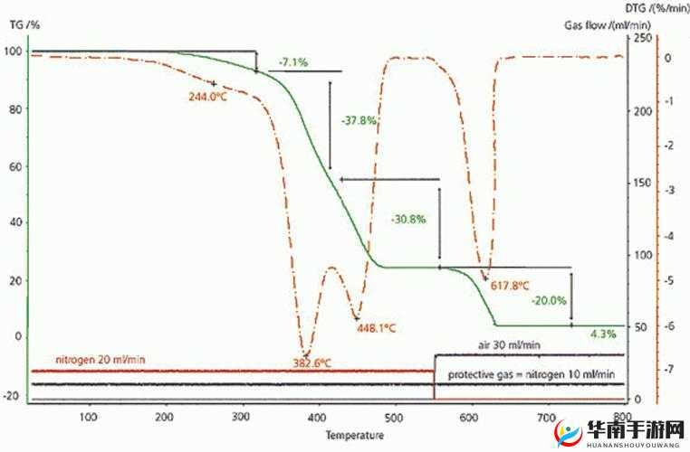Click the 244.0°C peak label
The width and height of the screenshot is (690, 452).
click(206, 97)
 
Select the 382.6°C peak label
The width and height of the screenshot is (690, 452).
click(310, 363)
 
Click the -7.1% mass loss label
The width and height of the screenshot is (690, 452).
click(292, 62)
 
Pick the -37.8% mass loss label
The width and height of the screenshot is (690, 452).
click(359, 119)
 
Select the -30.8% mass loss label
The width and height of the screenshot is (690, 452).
click(407, 219)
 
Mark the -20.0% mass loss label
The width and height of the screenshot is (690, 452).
click(549, 300)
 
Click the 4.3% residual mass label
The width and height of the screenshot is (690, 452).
click(603, 334)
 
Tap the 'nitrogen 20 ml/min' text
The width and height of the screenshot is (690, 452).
click(100, 359)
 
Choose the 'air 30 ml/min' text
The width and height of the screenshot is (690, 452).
click(510, 344)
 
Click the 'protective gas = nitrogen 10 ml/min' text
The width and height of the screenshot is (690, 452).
click(526, 374)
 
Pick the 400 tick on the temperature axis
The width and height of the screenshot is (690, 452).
click(317, 417)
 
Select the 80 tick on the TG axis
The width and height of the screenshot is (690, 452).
click(13, 109)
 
